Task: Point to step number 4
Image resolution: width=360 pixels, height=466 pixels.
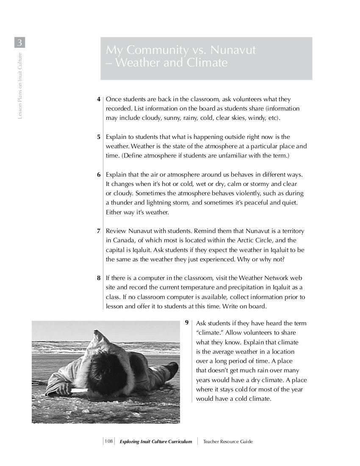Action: tap(99, 100)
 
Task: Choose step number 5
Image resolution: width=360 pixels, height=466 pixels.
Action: tap(99, 137)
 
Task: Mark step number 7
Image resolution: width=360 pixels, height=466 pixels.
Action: tap(99, 231)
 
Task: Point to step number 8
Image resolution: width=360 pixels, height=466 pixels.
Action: tap(99, 278)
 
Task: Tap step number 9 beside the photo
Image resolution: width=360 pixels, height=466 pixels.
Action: tap(187, 323)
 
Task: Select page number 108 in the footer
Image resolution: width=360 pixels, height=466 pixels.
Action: tap(108, 441)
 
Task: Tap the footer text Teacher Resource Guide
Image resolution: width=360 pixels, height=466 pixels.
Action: tap(228, 441)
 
